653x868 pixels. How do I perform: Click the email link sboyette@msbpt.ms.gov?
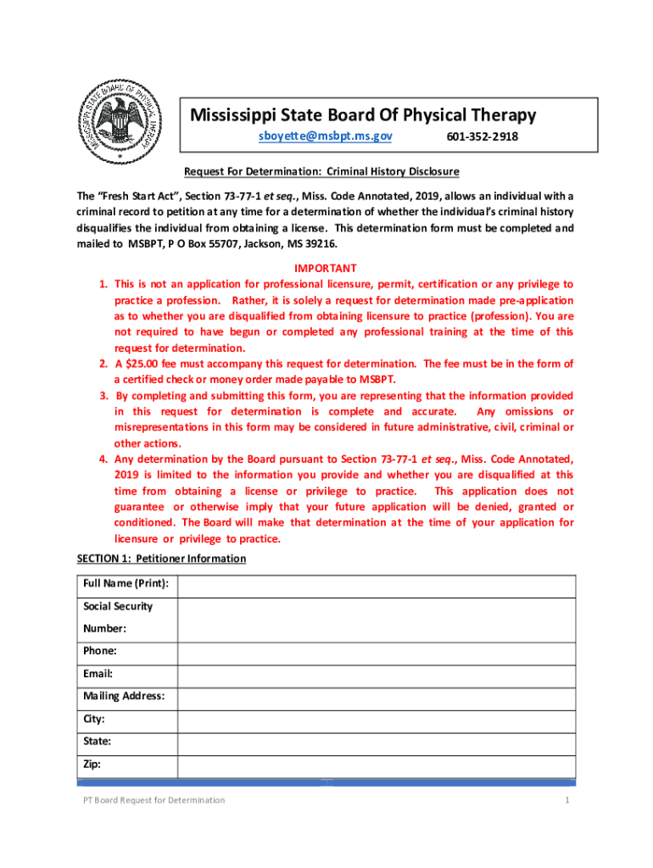click(x=326, y=136)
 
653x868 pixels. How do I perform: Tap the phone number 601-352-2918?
click(x=482, y=136)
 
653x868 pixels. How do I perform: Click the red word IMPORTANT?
click(x=326, y=268)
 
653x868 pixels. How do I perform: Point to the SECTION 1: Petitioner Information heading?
click(x=161, y=559)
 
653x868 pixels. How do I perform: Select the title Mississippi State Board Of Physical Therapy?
click(x=362, y=114)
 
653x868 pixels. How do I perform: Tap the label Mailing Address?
click(x=124, y=697)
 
